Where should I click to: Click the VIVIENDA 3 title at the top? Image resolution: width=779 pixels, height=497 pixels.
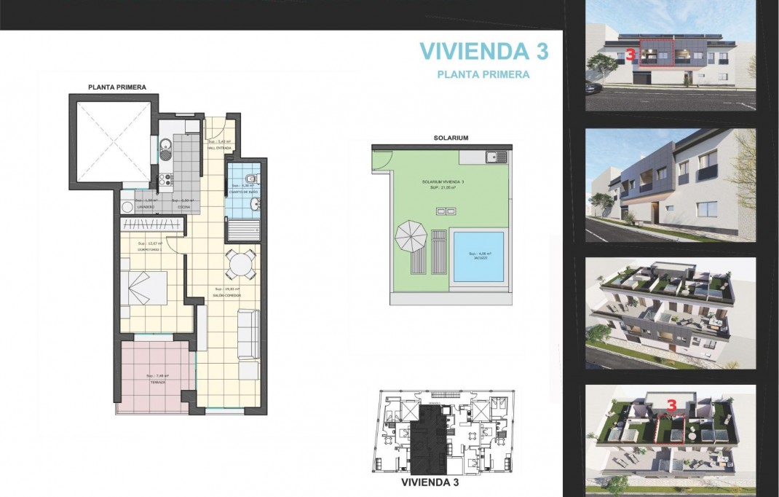(x=483, y=51)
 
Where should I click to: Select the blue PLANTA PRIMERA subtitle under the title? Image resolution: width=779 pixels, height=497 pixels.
(x=483, y=74)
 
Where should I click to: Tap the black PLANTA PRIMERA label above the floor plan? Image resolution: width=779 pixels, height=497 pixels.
(x=117, y=87)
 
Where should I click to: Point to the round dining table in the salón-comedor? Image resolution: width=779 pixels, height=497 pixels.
(x=240, y=264)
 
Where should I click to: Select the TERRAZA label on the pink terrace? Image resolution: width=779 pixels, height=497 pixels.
(x=156, y=382)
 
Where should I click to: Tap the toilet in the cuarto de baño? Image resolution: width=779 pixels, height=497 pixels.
(x=250, y=179)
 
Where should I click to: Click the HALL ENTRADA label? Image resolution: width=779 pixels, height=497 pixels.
(x=219, y=148)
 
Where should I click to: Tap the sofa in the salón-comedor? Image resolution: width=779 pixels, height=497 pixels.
(x=249, y=333)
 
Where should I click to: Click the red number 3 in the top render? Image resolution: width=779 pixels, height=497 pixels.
(x=630, y=55)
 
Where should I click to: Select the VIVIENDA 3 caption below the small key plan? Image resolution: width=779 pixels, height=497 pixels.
(x=430, y=482)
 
